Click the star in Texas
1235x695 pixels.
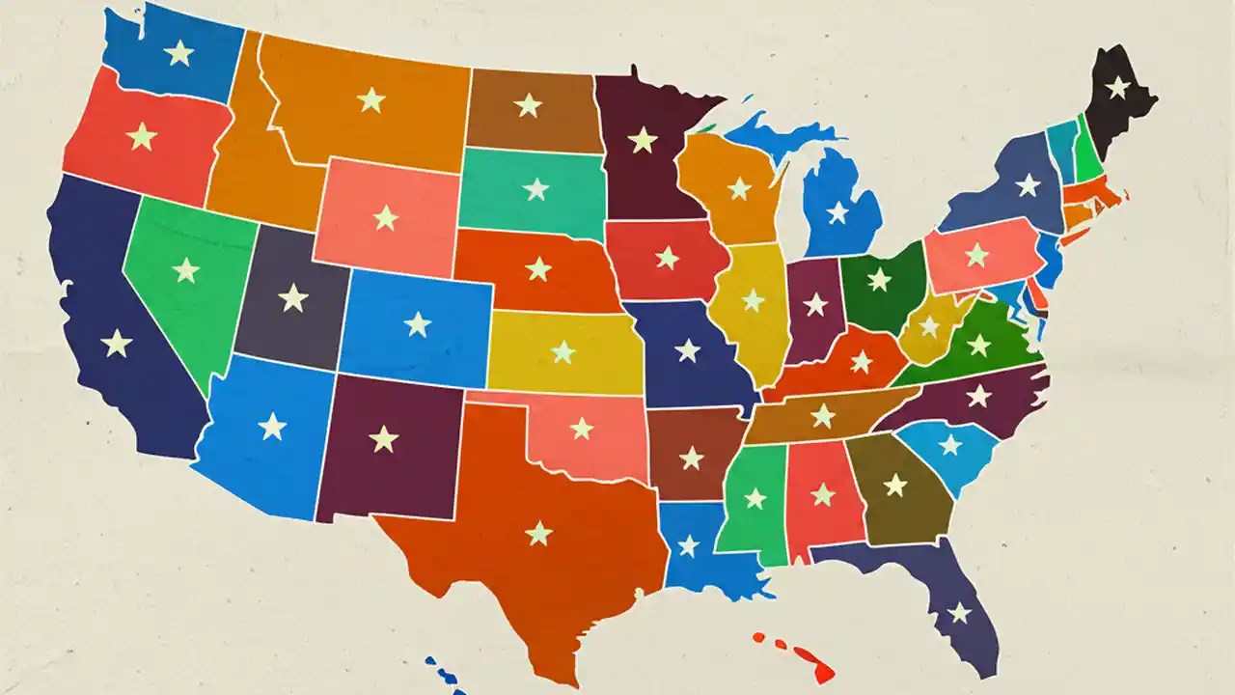click(x=539, y=533)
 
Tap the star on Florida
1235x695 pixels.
click(x=959, y=612)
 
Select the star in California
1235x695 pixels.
click(x=117, y=343)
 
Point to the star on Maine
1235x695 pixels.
click(x=1117, y=87)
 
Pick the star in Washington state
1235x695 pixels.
click(x=178, y=52)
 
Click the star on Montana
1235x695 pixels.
click(x=370, y=99)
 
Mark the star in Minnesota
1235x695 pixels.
click(x=643, y=140)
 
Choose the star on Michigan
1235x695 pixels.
click(x=837, y=212)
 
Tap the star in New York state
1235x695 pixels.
click(x=1029, y=184)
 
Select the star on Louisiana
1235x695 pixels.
click(x=688, y=545)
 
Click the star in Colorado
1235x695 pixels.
click(x=418, y=323)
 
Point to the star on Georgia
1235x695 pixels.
click(x=895, y=485)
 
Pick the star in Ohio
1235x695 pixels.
click(x=879, y=280)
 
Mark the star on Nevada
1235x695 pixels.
click(x=185, y=270)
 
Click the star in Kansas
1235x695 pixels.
click(x=563, y=352)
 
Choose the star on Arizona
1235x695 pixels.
click(x=272, y=426)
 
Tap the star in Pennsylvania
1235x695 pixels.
click(x=977, y=255)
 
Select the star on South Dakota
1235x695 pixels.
click(x=535, y=189)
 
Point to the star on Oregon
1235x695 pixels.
click(x=142, y=136)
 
